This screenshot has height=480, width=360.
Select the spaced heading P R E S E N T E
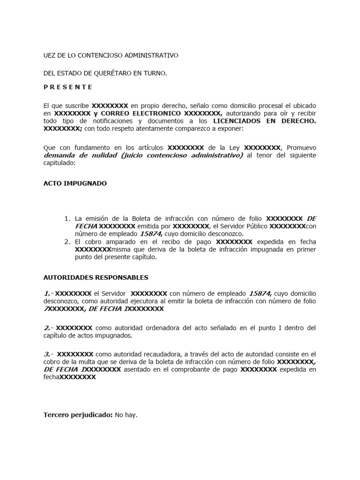[x=68, y=87]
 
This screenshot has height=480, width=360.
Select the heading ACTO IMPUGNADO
[x=75, y=183]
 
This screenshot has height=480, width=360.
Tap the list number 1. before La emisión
[x=67, y=218]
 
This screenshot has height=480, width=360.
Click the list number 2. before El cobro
[x=67, y=242]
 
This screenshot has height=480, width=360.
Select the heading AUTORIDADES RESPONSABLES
[x=96, y=277]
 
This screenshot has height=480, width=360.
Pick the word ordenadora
[x=151, y=327]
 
